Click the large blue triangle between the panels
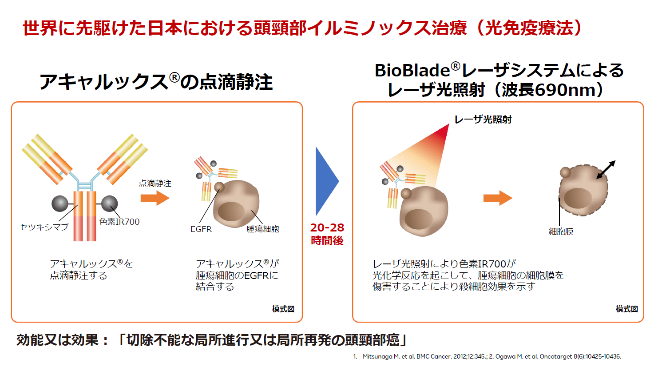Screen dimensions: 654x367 [x=325, y=181]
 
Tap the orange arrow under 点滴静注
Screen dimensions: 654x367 [x=155, y=198]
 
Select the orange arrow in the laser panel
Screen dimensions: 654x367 [x=498, y=198]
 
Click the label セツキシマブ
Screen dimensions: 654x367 [x=44, y=227]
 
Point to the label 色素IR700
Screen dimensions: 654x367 [x=119, y=222]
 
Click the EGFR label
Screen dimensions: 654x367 [x=201, y=229]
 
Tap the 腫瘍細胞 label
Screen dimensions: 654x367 [x=263, y=229]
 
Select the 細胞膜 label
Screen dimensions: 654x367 [x=561, y=231]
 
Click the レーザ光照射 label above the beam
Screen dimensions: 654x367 [x=483, y=120]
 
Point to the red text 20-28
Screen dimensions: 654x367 [x=327, y=227]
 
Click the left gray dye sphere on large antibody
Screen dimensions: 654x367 [x=60, y=203]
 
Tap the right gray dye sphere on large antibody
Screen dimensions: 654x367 [x=110, y=203]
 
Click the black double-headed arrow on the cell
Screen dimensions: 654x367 [x=606, y=169]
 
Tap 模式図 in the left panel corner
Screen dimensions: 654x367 [x=283, y=309]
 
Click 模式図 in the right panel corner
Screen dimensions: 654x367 [x=626, y=309]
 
